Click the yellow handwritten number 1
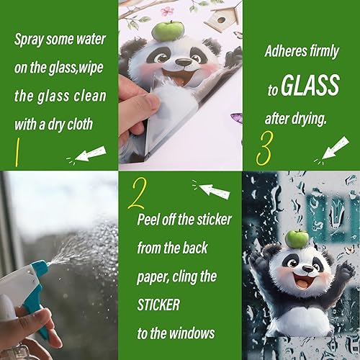click(17, 153)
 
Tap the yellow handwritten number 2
click(137, 194)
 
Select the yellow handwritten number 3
click(264, 148)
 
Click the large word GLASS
click(310, 84)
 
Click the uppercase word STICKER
click(158, 305)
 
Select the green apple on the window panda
click(297, 239)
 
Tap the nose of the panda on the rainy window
click(308, 269)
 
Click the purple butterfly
click(237, 119)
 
